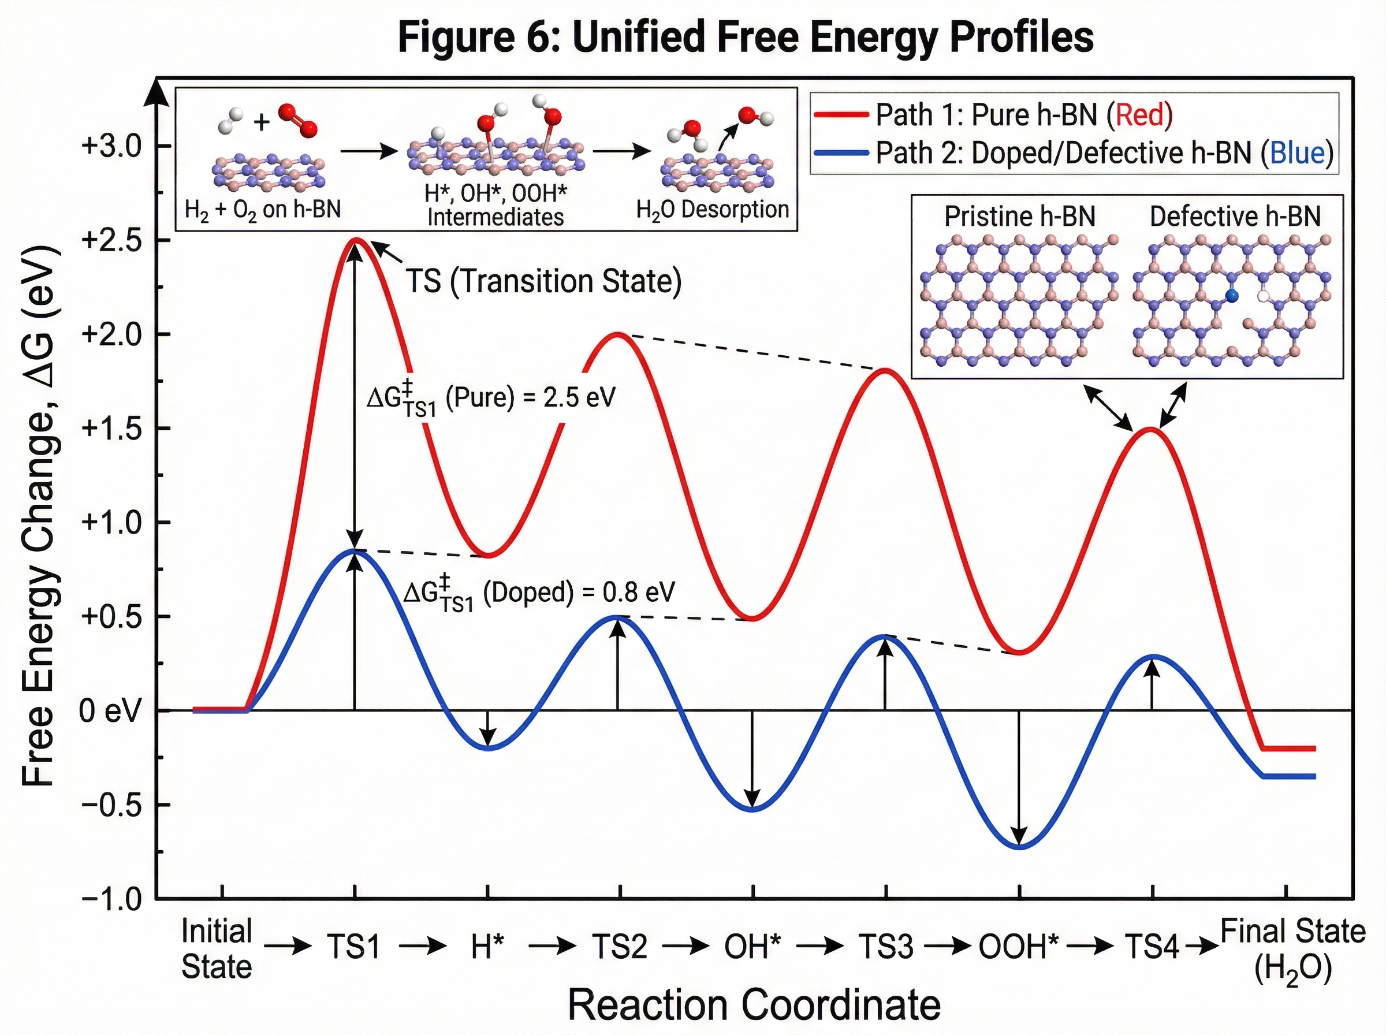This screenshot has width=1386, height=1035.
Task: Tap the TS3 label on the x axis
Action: (885, 947)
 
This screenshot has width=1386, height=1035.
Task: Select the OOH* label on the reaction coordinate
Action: (1018, 947)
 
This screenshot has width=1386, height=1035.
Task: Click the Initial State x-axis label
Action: (216, 948)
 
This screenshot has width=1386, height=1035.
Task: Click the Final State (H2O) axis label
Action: (1292, 948)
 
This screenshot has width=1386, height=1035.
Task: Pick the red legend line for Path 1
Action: (840, 115)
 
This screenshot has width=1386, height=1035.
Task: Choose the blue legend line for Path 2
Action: (840, 153)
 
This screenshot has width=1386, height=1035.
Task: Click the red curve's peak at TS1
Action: (356, 240)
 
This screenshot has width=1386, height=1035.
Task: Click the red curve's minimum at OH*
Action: (754, 619)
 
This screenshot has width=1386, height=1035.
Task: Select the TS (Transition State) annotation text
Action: (543, 281)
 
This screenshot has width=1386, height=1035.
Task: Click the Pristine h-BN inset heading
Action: (1020, 217)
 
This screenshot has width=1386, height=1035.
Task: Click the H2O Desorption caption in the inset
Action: (712, 209)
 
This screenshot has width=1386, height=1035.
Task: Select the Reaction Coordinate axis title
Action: (754, 1005)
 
